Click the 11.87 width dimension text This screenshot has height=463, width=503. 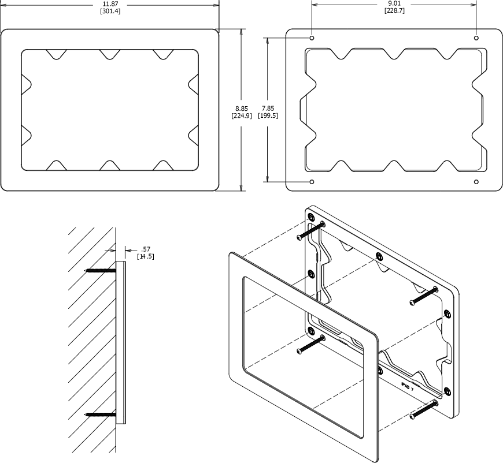(111, 4)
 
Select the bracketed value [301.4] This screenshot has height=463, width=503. (111, 12)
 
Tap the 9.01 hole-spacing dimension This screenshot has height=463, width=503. (394, 4)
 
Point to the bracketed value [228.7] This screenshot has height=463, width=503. (394, 12)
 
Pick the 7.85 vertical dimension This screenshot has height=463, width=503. (268, 108)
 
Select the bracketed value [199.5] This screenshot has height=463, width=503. (268, 115)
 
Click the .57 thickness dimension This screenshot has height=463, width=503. (145, 249)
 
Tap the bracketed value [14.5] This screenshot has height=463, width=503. (145, 256)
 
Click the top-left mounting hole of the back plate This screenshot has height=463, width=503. (312, 38)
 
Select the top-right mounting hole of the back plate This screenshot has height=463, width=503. (476, 38)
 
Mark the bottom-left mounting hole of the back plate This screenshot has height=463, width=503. (312, 182)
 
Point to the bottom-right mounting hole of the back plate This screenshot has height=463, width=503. (476, 182)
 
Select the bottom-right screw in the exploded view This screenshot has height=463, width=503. (424, 409)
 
